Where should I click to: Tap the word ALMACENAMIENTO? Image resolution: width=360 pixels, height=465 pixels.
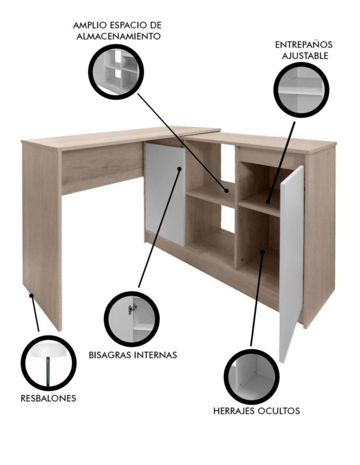coord(119,36)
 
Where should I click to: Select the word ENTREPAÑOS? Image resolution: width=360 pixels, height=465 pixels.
coord(304,45)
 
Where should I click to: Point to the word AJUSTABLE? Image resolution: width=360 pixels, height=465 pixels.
coord(305,56)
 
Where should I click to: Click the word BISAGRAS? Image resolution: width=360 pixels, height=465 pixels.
coord(110,355)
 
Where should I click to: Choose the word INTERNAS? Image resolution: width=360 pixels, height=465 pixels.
coord(155,355)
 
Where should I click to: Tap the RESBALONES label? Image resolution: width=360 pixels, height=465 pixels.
coord(48,398)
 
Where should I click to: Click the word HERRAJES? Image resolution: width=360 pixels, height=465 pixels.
coord(234,411)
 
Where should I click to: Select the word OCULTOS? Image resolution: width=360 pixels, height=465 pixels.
coord(279,411)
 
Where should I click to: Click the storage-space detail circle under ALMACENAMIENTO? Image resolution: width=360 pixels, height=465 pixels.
coord(116,72)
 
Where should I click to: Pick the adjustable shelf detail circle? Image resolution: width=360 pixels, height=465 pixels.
coord(301,90)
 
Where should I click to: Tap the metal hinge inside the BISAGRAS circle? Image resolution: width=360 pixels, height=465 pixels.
coord(133,309)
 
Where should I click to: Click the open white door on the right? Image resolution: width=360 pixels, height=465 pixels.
coord(292,264)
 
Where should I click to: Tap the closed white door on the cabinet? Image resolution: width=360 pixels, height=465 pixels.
coord(165,194)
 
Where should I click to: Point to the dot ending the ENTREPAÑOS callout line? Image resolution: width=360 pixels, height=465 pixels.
coord(268,201)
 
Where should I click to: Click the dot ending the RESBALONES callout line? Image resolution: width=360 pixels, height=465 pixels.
coord(31,295)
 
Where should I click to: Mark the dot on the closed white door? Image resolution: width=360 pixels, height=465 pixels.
coord(179,168)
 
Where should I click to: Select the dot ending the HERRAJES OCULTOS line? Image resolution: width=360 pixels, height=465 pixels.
coord(262,252)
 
